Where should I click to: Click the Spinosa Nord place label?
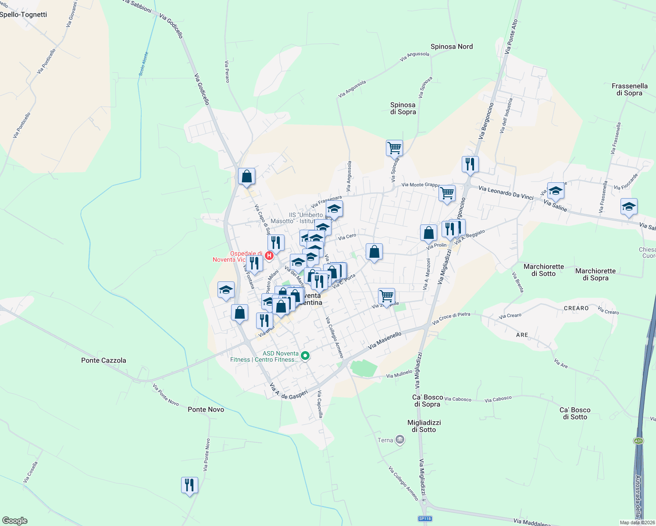[x=452, y=46]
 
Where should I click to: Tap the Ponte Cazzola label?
[x=103, y=360]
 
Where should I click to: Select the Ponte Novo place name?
[x=206, y=409]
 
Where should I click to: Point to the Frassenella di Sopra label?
[x=629, y=89]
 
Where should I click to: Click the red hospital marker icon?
[x=270, y=255]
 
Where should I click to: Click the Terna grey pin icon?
[x=399, y=440]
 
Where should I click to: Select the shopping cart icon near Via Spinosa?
[x=394, y=148]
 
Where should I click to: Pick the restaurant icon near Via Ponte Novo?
[x=189, y=485]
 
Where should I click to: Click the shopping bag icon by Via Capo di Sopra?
[x=247, y=176]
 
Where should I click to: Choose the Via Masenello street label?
[x=385, y=341]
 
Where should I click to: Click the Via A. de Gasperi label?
[x=289, y=392]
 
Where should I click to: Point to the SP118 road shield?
[x=425, y=519]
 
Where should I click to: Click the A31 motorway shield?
[x=638, y=441]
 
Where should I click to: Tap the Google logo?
[x=14, y=521]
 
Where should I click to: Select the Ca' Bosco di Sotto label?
[x=575, y=413]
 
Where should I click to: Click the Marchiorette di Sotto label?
[x=544, y=270]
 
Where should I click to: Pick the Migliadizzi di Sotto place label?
[x=424, y=426]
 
